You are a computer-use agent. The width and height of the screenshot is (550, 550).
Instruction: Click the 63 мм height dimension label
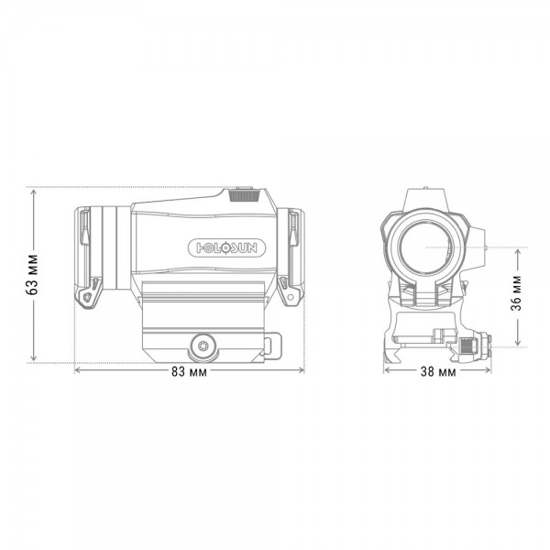[x=33, y=275]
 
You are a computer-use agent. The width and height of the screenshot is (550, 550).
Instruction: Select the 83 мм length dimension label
[x=189, y=372]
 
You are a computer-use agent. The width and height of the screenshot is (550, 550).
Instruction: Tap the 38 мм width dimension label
[x=438, y=372]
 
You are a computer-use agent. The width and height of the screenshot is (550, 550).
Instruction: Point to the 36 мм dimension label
[x=516, y=293]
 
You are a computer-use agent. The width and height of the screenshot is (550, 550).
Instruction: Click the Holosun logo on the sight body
[x=226, y=248]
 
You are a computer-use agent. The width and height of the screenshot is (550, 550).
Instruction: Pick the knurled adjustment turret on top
[x=245, y=195]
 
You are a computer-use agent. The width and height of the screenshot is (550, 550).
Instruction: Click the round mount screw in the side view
[x=203, y=346]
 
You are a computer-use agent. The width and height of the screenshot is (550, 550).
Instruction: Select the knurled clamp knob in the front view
[x=467, y=346]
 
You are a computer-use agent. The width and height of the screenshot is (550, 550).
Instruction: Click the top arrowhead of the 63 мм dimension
[x=33, y=192]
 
